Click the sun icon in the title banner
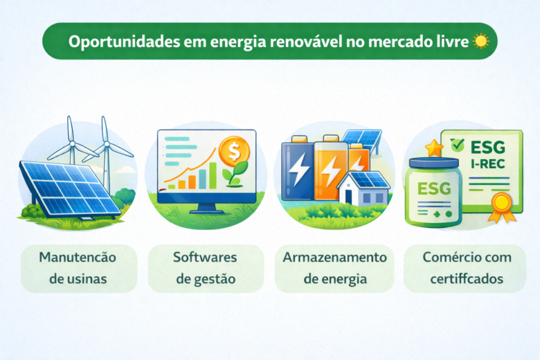(x=481, y=42)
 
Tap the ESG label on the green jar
(x=434, y=188)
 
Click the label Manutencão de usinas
(x=78, y=268)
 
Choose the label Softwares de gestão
(x=205, y=268)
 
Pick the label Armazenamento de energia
(x=335, y=268)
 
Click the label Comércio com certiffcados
(x=465, y=268)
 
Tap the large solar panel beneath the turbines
(x=70, y=188)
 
